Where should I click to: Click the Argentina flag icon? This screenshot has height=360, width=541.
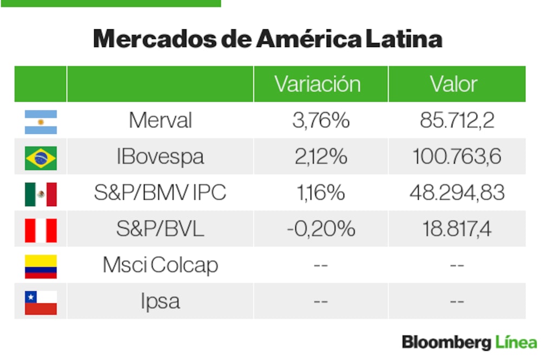41,122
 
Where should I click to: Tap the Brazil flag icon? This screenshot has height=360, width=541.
41,158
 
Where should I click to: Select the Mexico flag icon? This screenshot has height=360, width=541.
41,194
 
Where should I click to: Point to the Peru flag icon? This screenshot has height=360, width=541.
41,230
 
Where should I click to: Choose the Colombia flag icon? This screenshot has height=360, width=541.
41,266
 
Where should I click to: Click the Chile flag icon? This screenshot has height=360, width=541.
41,302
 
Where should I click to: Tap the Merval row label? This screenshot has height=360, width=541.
160,121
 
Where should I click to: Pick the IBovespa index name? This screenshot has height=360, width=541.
160,157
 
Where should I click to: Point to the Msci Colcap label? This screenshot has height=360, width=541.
160,265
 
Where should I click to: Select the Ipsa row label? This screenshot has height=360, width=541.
160,302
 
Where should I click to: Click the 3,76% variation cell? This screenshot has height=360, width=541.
320,121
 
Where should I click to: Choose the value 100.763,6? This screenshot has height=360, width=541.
457,157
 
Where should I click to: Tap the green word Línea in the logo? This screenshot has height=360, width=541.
516,342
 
